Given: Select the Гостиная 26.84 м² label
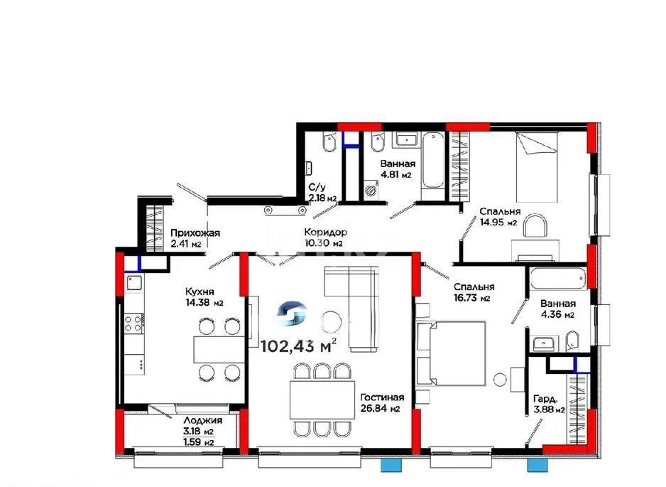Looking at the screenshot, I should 381,403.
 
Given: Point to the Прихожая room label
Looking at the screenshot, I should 196,238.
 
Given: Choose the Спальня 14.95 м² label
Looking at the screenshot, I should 500,217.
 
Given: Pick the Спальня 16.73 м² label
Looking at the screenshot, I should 474,292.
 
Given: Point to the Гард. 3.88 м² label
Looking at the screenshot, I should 549,404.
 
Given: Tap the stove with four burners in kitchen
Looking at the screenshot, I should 133,325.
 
